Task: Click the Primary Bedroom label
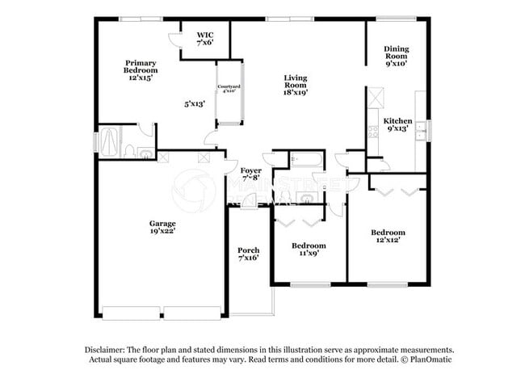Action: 139,70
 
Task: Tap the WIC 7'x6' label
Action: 205,39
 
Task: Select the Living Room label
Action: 295,84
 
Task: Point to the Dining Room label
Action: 397,55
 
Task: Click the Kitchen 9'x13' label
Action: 397,124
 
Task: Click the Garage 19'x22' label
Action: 162,228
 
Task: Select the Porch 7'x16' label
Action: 248,254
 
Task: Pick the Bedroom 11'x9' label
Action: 309,250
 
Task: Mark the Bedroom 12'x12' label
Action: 388,237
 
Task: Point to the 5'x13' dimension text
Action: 195,103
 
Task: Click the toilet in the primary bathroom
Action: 129,151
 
